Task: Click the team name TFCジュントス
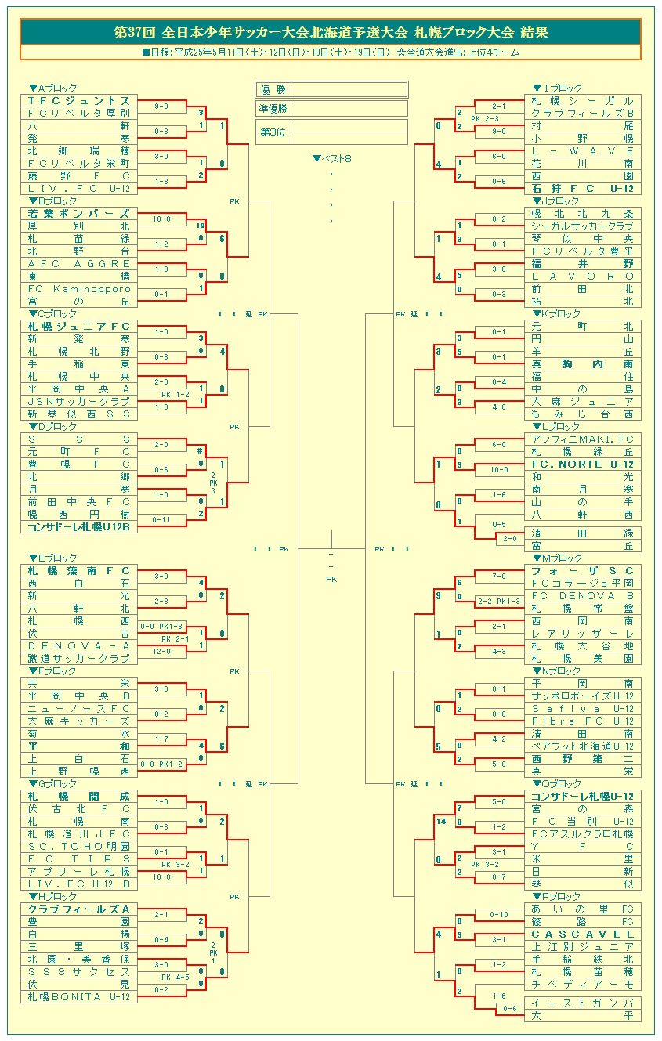click(79, 101)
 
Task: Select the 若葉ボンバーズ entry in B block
click(79, 214)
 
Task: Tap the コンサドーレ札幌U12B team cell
click(79, 527)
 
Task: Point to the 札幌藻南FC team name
click(79, 571)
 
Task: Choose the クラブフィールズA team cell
click(79, 909)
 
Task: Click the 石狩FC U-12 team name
click(583, 189)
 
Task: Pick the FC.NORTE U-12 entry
click(583, 464)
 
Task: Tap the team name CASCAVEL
click(583, 934)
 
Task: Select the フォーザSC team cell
click(583, 571)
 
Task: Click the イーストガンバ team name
click(583, 1003)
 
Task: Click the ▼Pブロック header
click(557, 897)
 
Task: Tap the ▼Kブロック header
click(557, 314)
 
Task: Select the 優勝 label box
click(273, 89)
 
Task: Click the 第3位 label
click(273, 132)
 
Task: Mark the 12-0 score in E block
click(161, 652)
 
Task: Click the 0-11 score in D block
click(161, 520)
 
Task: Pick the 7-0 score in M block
click(498, 577)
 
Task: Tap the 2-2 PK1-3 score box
click(498, 602)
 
